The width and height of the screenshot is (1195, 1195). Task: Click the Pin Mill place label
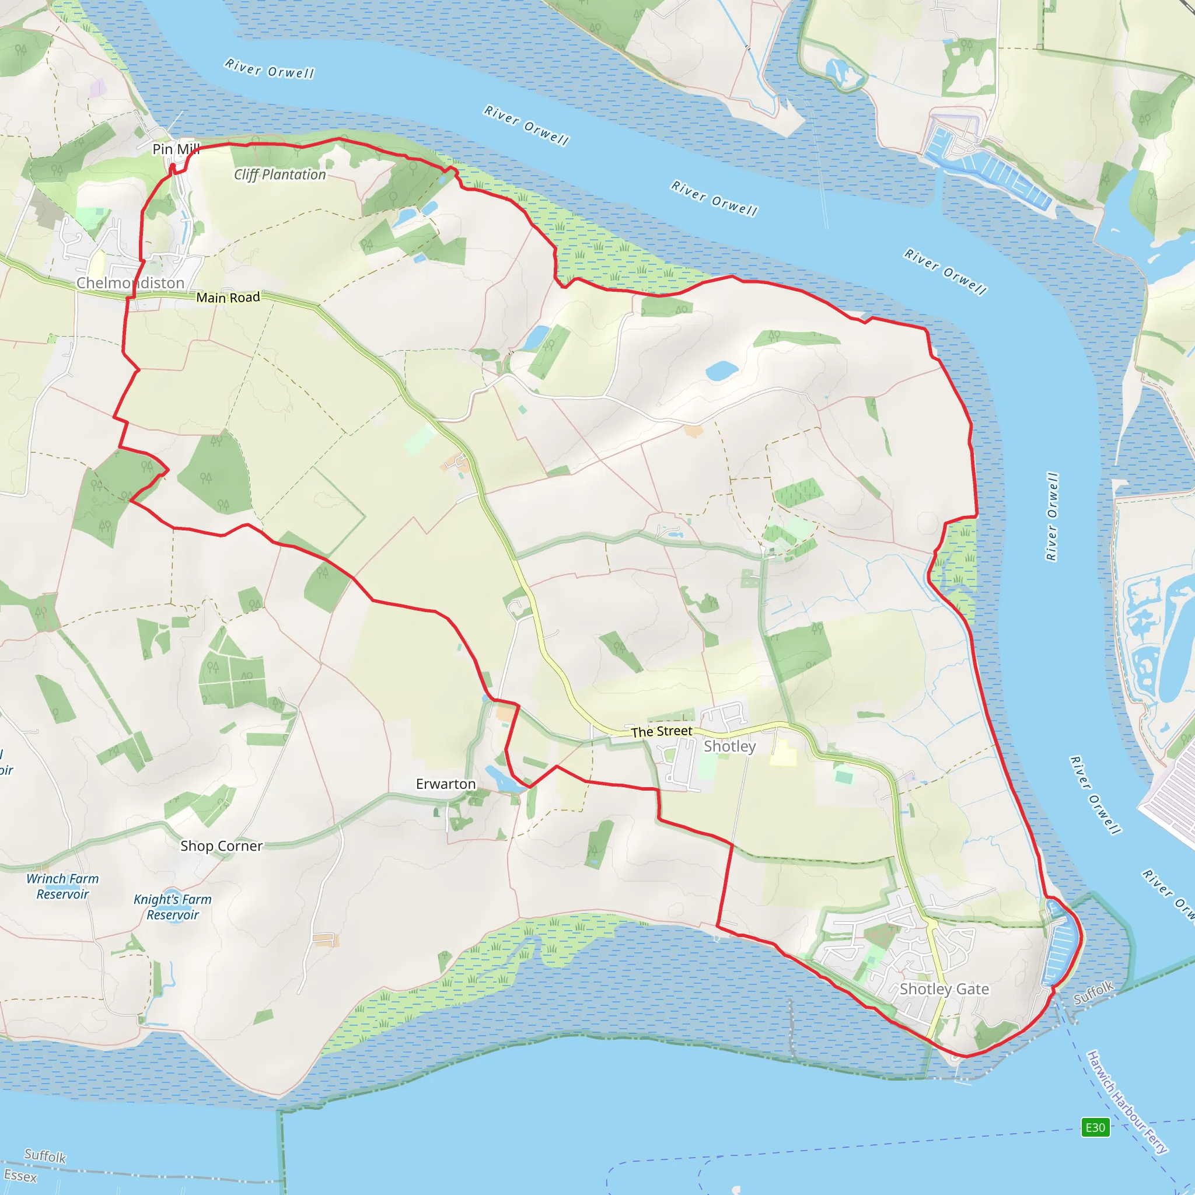pos(176,149)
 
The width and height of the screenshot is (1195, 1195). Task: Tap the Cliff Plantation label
pos(279,175)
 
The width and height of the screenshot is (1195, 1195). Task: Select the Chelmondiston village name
pos(131,282)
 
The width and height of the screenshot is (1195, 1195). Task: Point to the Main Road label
pos(228,298)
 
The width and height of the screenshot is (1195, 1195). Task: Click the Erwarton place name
pos(445,784)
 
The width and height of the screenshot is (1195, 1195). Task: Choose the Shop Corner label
pos(221,845)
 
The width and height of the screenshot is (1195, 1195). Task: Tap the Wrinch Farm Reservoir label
pos(62,886)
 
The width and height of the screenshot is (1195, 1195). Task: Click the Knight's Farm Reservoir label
pos(173,907)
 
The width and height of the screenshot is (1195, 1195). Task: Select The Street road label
pos(661,731)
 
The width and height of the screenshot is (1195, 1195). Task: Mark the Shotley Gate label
pos(944,988)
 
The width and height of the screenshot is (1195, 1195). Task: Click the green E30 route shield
pos(1095,1127)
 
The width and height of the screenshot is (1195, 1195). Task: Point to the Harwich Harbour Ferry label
pos(1127,1102)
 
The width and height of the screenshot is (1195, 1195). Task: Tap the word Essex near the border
pos(20,1175)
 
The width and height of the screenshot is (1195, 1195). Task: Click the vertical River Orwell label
pos(1052,516)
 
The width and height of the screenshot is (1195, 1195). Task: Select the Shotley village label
pos(730,746)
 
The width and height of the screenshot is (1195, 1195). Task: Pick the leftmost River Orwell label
pos(270,69)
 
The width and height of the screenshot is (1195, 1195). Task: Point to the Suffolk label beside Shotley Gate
pos(1093,992)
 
